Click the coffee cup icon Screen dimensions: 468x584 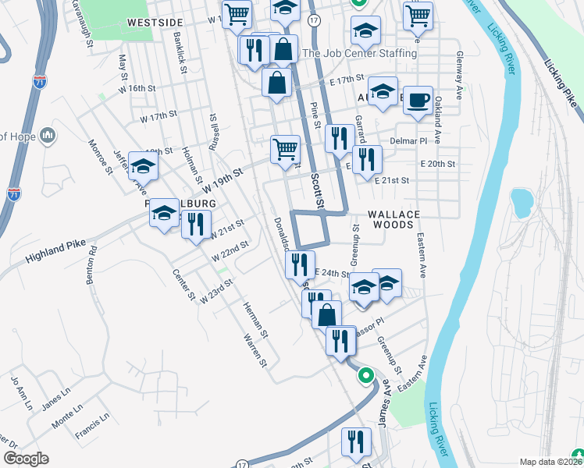tap(418, 101)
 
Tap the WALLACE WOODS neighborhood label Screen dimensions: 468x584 tap(394, 220)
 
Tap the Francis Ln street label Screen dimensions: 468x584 tap(92, 426)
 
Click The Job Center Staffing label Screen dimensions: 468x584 tap(359, 53)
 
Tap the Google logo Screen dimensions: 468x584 tap(25, 459)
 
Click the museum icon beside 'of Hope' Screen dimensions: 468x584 tap(48, 136)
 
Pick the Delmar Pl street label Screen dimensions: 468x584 tap(408, 141)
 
